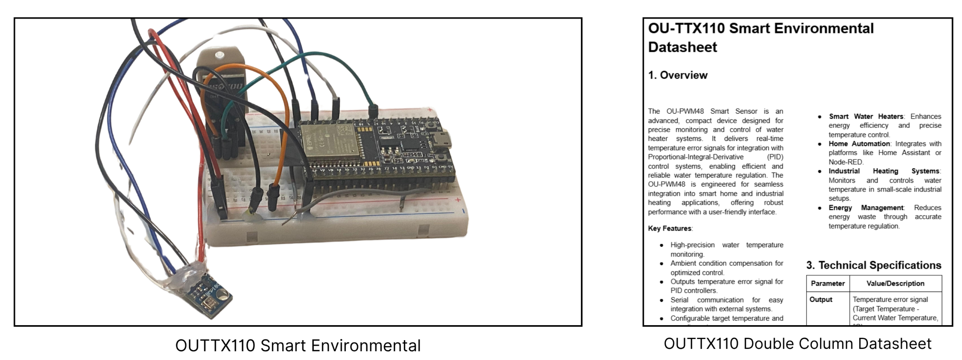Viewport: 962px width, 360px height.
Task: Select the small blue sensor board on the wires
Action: (208, 295)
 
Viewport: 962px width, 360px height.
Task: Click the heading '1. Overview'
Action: (678, 75)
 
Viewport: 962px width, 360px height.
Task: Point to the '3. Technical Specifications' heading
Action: (873, 265)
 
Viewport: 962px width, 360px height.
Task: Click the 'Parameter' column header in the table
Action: (827, 284)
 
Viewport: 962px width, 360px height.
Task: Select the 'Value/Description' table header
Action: (895, 284)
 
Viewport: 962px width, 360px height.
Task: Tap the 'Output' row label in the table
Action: (821, 300)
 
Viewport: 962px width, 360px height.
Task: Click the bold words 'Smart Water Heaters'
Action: (866, 117)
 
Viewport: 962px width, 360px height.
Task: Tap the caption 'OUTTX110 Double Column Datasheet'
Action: (797, 343)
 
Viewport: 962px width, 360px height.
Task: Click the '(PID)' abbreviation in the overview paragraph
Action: (775, 157)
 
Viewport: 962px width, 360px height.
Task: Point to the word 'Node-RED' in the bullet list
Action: (845, 162)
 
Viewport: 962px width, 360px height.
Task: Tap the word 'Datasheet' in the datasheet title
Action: (682, 47)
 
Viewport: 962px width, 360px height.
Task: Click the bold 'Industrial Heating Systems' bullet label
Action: (884, 171)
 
